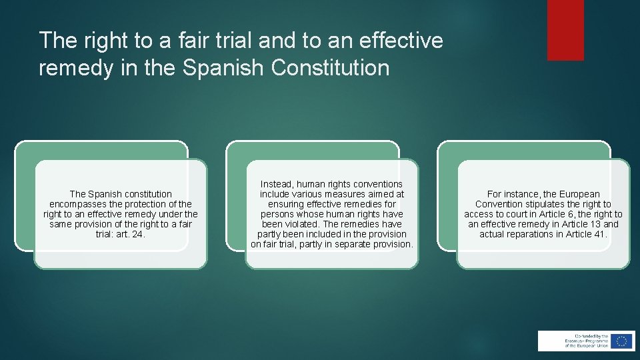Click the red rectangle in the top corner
pyautogui.click(x=565, y=30)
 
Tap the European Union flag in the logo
pyautogui.click(x=621, y=341)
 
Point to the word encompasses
pyautogui.click(x=75, y=204)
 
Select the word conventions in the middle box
pyautogui.click(x=380, y=183)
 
